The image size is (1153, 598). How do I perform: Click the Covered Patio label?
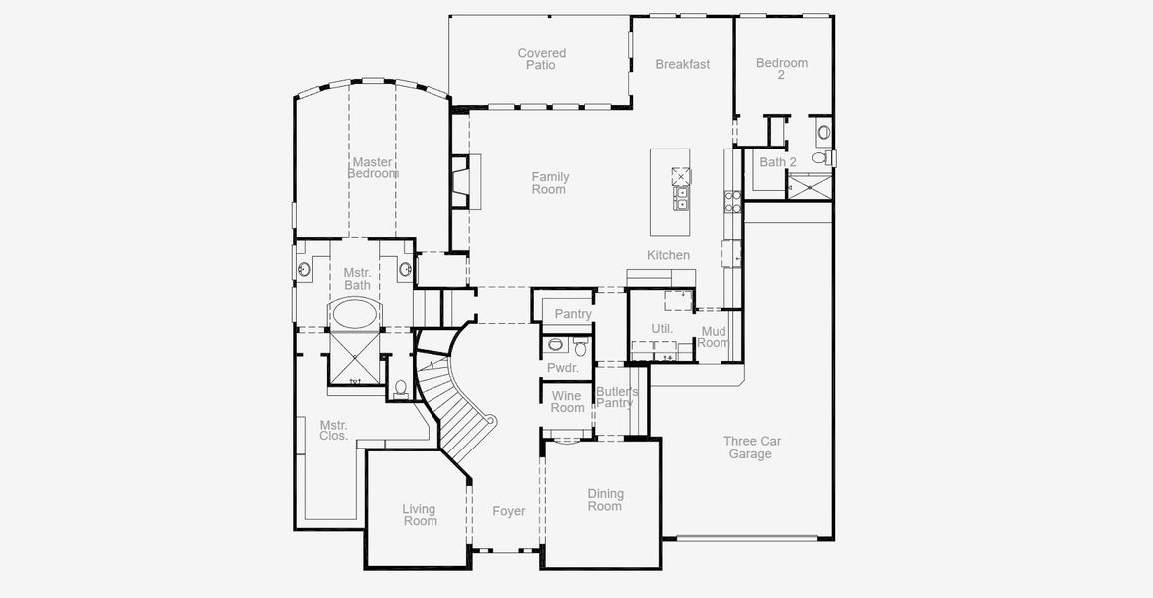pos(542,59)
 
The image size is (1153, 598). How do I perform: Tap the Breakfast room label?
pos(683,64)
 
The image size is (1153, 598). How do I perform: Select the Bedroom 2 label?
pos(781,68)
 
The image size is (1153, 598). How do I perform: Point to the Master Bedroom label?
pos(372,167)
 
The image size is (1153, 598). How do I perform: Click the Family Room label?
pos(549,183)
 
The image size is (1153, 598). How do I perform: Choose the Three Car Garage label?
pos(751,448)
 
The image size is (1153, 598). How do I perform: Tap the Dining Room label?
pos(605,499)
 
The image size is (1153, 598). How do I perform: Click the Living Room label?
pos(420,515)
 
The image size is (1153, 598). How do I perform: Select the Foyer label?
pos(509,511)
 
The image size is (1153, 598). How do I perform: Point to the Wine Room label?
pos(567,402)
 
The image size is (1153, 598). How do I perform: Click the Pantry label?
pos(573,314)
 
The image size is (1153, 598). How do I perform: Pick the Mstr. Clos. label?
pos(333,431)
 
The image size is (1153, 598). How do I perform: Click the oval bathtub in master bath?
pos(354,315)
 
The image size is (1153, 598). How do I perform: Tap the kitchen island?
pos(670,191)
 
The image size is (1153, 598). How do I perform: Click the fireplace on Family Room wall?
pos(463,180)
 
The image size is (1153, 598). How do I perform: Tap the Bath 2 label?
pos(778,162)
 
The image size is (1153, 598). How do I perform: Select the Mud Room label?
pos(714,337)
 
